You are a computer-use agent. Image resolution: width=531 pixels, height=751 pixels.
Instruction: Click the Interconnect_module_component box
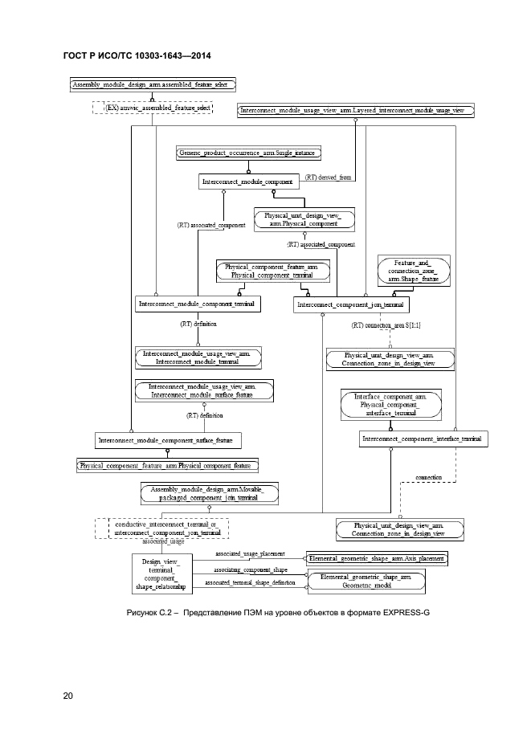click(248, 182)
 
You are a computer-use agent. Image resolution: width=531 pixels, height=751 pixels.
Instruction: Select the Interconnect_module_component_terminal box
click(197, 304)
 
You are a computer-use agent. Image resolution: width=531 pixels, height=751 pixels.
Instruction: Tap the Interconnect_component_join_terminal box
click(350, 305)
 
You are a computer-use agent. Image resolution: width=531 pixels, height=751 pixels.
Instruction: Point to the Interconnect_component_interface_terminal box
click(423, 439)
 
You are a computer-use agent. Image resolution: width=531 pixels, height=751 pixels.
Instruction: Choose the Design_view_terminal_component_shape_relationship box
click(166, 573)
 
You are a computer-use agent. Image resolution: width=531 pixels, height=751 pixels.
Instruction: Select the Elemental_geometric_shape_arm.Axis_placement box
click(377, 557)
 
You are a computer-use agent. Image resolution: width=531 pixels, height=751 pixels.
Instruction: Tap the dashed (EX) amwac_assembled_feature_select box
click(152, 107)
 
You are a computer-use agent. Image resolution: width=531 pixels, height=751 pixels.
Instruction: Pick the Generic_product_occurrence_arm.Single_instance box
click(249, 153)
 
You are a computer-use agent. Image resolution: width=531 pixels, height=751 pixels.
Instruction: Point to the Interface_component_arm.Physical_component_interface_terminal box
click(391, 406)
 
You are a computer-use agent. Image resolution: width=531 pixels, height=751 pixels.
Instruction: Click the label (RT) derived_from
click(328, 178)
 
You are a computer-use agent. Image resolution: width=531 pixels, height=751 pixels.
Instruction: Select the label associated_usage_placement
click(250, 553)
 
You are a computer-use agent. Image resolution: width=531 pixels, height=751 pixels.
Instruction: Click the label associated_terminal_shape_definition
click(250, 582)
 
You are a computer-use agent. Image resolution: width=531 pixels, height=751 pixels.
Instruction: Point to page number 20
click(68, 696)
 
